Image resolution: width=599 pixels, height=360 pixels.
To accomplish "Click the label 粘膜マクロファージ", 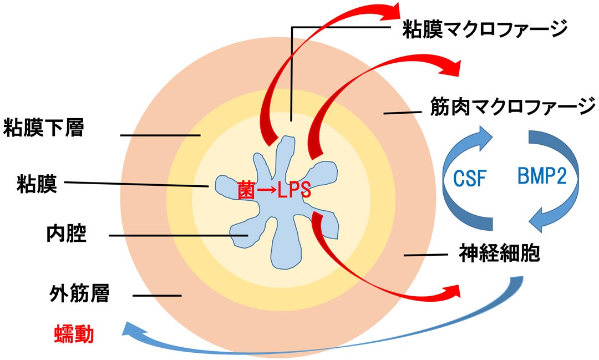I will coord(485,29).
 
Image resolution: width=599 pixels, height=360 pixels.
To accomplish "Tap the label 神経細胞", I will coord(499,254).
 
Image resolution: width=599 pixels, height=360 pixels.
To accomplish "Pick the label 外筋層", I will coord(78,294).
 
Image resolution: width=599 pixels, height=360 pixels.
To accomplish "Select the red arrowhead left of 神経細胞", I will coord(451,291).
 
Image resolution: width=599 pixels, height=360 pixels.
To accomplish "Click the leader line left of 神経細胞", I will coord(425,255).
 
